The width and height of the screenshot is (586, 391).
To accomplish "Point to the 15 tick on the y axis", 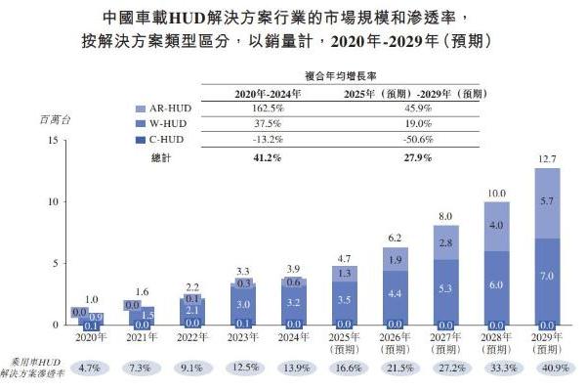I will pos(51,141).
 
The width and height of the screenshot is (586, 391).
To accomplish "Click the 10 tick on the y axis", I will pos(51,201).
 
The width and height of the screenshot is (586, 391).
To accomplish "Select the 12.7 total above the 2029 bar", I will pos(547,157).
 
